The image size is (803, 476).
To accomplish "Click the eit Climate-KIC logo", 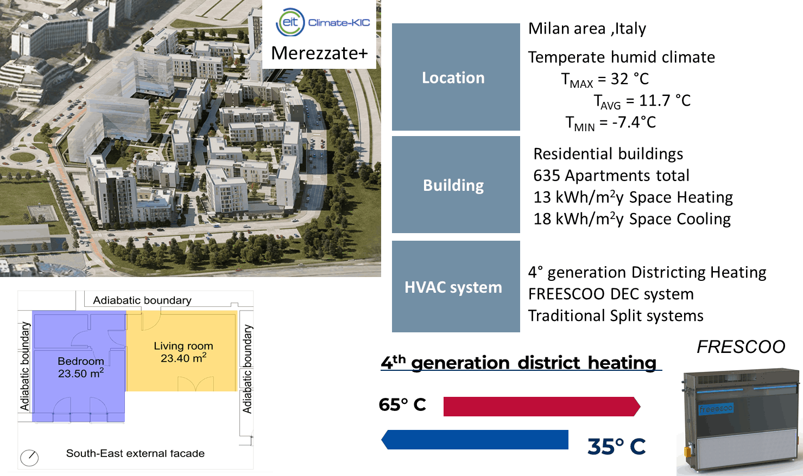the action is pyautogui.click(x=323, y=22).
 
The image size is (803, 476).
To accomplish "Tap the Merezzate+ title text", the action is pyautogui.click(x=319, y=53).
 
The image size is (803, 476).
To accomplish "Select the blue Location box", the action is pyautogui.click(x=456, y=77).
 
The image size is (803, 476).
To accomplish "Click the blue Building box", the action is pyautogui.click(x=456, y=185).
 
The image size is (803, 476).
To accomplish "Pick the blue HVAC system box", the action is pyautogui.click(x=456, y=286).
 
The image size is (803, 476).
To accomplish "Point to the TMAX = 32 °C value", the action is pyautogui.click(x=605, y=80).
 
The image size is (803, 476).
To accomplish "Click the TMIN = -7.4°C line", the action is pyautogui.click(x=610, y=123).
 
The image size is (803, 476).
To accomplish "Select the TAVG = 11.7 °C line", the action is pyautogui.click(x=642, y=101).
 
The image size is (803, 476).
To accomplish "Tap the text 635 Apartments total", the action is pyautogui.click(x=611, y=175).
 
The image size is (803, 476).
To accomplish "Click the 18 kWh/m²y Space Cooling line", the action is pyautogui.click(x=632, y=218).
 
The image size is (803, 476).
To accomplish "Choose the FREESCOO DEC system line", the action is pyautogui.click(x=611, y=294).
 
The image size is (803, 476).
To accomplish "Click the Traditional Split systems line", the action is pyautogui.click(x=616, y=316).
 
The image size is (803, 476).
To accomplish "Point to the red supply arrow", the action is pyautogui.click(x=542, y=407).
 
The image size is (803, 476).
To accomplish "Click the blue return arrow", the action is pyautogui.click(x=475, y=440).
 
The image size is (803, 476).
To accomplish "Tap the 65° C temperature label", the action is pyautogui.click(x=402, y=405).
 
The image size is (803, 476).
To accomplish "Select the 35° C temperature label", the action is pyautogui.click(x=617, y=447).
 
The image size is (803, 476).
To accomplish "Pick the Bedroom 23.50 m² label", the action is pyautogui.click(x=81, y=367).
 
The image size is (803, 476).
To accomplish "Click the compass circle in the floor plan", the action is pyautogui.click(x=29, y=458).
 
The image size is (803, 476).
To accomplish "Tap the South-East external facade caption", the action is pyautogui.click(x=135, y=453).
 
